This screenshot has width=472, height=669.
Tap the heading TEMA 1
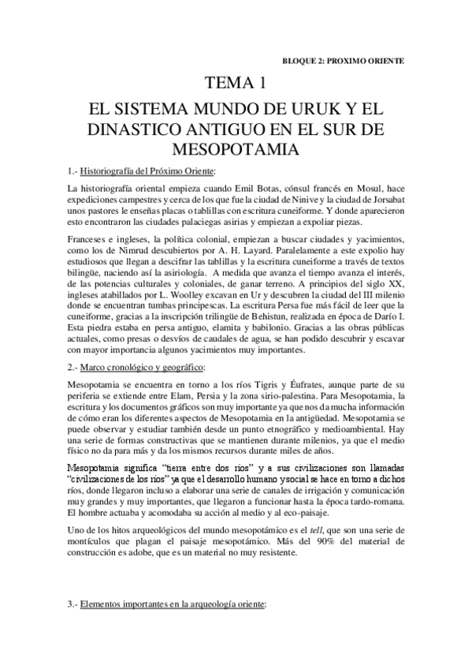[236, 82]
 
